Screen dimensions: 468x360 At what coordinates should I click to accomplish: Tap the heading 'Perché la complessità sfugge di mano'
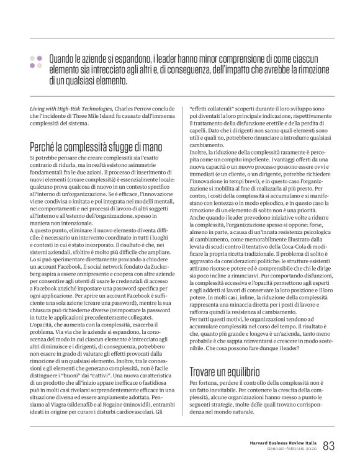click(x=96, y=146)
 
